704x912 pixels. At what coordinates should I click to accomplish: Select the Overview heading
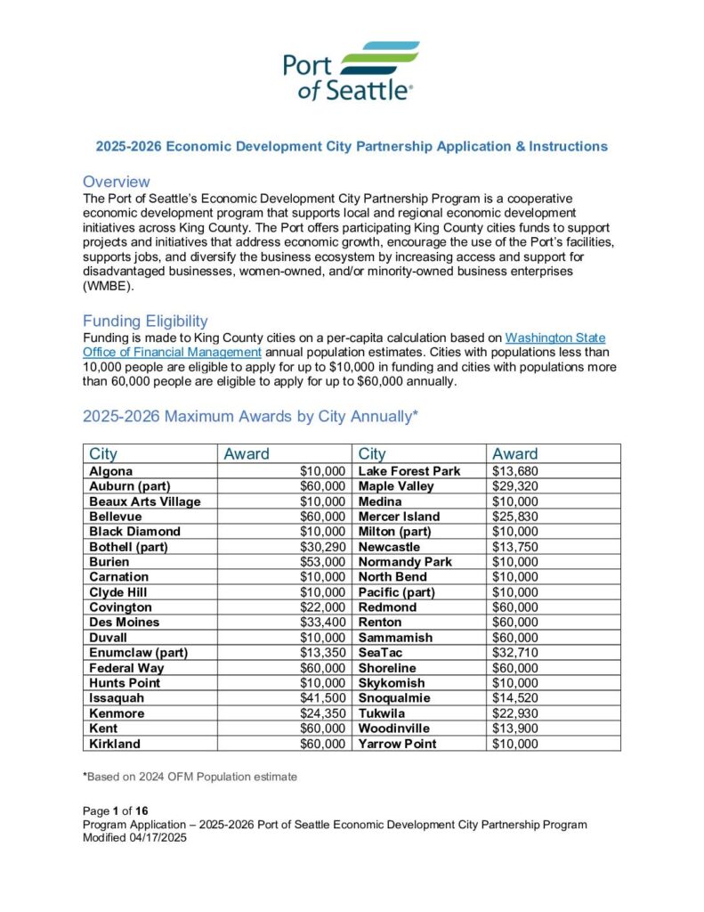(x=116, y=182)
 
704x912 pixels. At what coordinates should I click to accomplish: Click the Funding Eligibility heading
(x=145, y=321)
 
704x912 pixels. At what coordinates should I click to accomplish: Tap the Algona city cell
(x=112, y=470)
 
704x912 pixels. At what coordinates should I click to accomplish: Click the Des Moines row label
(x=125, y=623)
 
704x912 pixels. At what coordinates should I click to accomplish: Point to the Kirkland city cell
(x=115, y=744)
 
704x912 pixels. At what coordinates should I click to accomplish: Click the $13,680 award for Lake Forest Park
(x=515, y=470)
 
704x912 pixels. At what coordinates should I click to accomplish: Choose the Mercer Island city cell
(x=399, y=517)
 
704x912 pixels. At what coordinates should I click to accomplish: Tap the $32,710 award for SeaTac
(x=515, y=653)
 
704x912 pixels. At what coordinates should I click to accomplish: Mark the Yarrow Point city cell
(x=397, y=744)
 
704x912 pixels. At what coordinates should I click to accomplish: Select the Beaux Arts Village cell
(x=145, y=501)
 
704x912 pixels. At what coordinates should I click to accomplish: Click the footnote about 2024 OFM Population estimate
(x=190, y=777)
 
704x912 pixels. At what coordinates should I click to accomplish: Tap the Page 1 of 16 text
(x=114, y=810)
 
